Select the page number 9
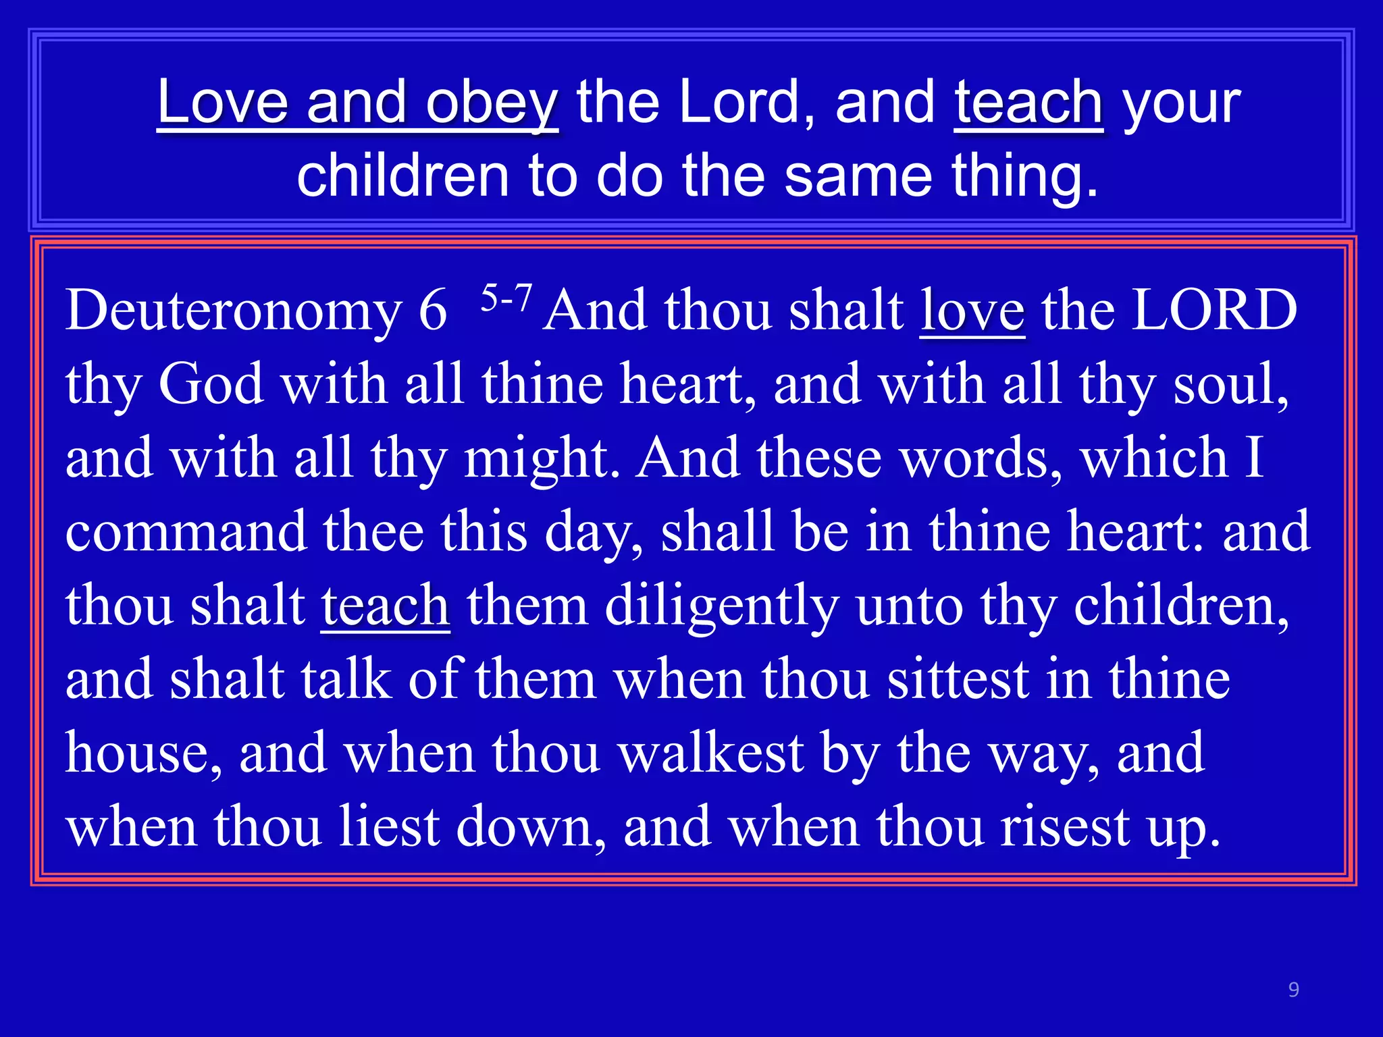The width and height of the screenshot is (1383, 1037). click(x=1293, y=990)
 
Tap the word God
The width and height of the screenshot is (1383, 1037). click(x=210, y=385)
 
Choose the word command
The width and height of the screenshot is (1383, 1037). click(x=186, y=532)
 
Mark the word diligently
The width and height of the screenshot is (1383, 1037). click(x=721, y=606)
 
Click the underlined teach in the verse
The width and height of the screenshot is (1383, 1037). click(x=385, y=606)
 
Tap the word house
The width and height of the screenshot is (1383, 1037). click(x=142, y=753)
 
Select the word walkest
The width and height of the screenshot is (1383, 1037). click(x=711, y=753)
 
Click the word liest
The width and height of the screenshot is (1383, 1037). click(x=389, y=826)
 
